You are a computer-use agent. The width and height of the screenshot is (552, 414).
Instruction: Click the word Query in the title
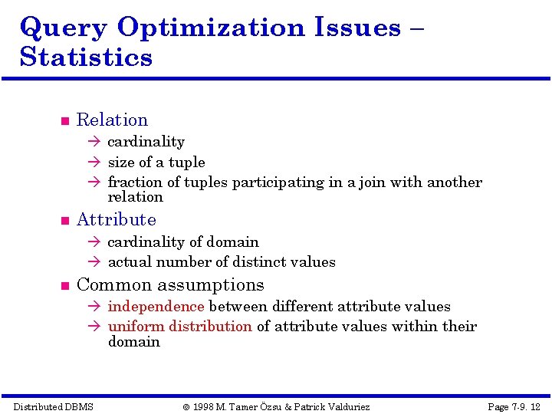click(64, 28)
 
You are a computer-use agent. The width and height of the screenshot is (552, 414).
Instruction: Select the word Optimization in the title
click(211, 28)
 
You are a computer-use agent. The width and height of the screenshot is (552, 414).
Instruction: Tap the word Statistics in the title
click(86, 58)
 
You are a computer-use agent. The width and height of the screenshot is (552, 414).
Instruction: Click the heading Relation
click(112, 120)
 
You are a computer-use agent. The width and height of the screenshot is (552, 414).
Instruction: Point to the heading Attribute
click(116, 220)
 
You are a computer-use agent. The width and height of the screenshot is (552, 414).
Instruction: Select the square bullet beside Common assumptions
click(64, 287)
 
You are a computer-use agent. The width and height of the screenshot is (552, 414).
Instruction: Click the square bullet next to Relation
click(64, 121)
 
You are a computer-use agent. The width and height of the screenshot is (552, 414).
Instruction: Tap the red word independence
click(156, 307)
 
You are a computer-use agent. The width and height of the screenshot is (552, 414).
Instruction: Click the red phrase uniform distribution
click(179, 327)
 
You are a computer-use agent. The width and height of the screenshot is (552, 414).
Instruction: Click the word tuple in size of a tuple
click(188, 163)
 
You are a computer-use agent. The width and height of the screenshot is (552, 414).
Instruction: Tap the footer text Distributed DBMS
click(54, 406)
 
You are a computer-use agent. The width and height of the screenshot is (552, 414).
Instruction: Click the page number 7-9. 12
click(514, 406)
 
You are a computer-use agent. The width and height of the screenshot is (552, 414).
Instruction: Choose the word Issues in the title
click(357, 28)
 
